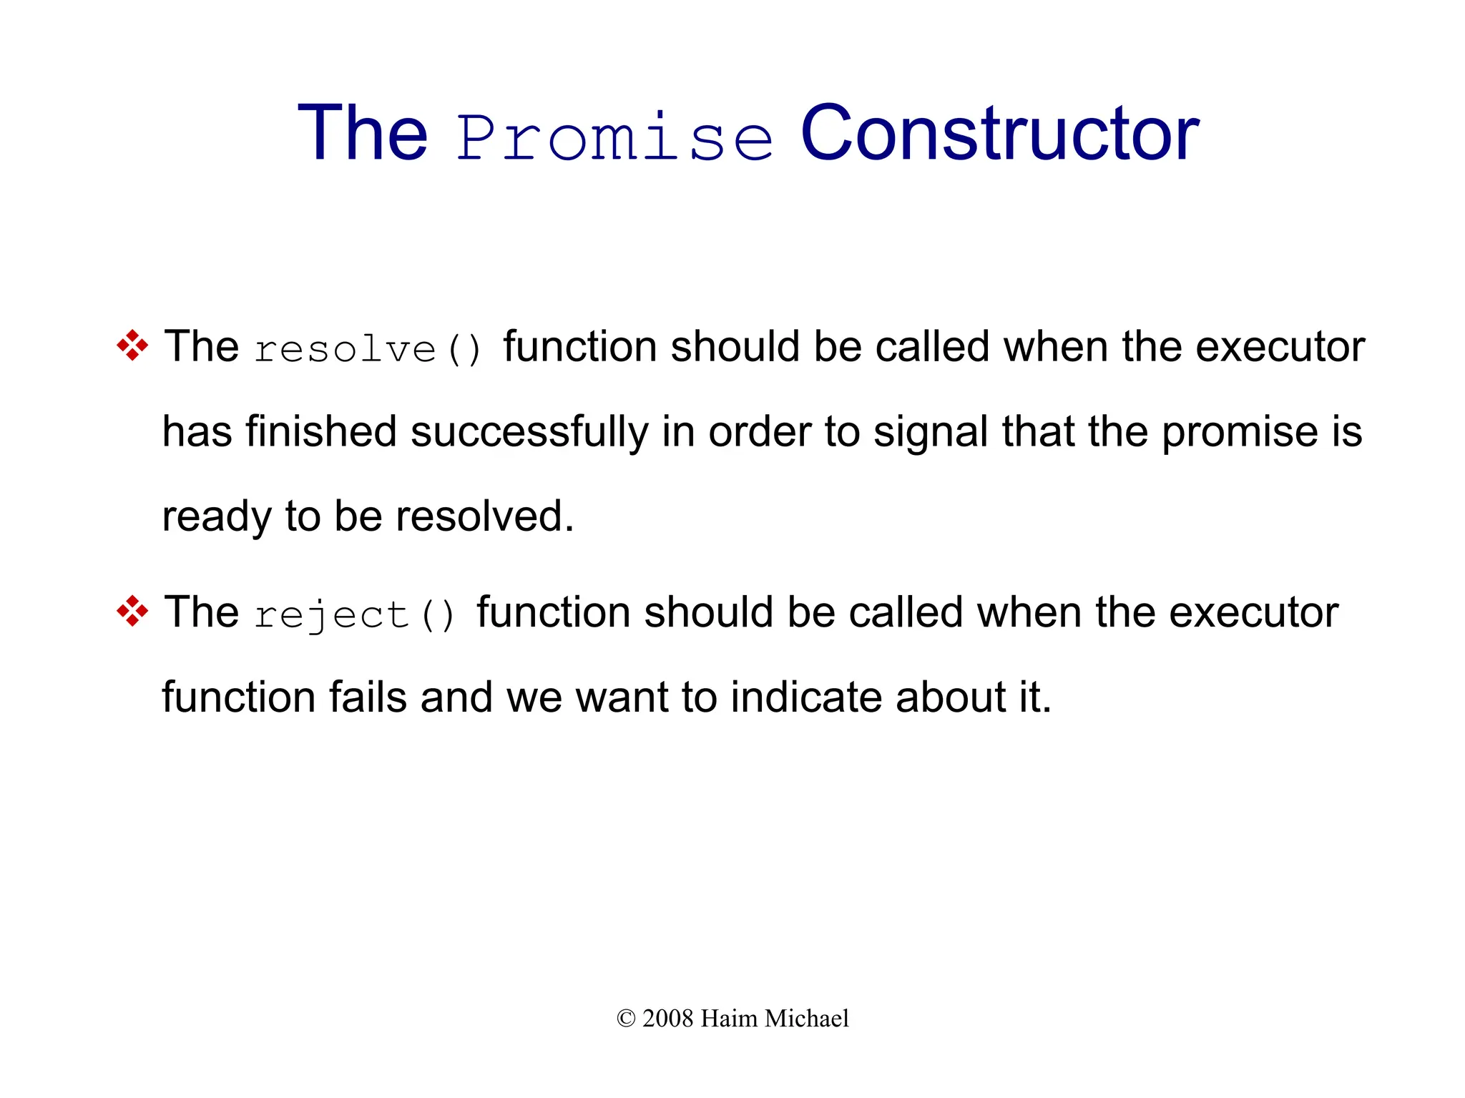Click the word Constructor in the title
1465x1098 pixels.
999,134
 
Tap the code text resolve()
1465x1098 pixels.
368,349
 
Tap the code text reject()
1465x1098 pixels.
355,615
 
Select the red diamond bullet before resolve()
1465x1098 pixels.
132,345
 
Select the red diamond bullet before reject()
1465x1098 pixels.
132,612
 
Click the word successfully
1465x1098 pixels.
529,432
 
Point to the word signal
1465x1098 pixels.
930,433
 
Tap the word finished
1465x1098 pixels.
321,432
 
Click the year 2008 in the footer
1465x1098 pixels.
667,1019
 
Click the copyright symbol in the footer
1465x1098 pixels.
625,1019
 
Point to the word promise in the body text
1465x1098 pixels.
1240,433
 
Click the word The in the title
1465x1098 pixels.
363,134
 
